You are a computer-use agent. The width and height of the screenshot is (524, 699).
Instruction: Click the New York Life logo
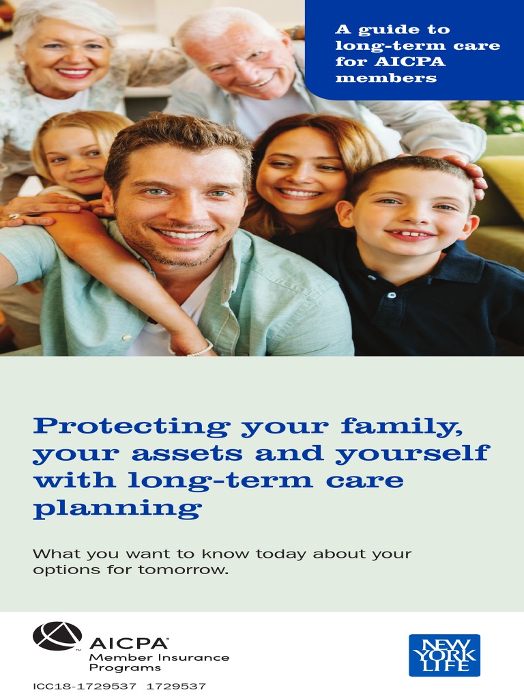point(444,655)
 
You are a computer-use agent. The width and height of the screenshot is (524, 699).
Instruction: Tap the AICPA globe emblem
point(57,636)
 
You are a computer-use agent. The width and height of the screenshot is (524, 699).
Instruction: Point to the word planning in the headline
point(117,509)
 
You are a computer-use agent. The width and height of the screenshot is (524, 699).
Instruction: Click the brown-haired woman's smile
point(298,193)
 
